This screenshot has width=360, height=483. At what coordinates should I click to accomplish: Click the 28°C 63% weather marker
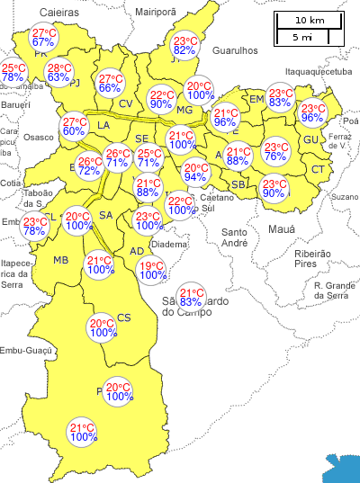[x=58, y=73]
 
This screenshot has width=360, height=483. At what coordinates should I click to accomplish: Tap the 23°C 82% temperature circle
[x=184, y=46]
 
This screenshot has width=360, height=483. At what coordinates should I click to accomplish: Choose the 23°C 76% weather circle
[x=275, y=151]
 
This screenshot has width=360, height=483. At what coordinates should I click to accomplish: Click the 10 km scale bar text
[x=309, y=20]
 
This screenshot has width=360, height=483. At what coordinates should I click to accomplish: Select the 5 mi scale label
[x=302, y=38]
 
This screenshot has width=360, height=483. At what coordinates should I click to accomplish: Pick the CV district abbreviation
[x=126, y=103]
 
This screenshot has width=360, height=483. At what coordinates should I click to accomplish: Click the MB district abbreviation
[x=61, y=261]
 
